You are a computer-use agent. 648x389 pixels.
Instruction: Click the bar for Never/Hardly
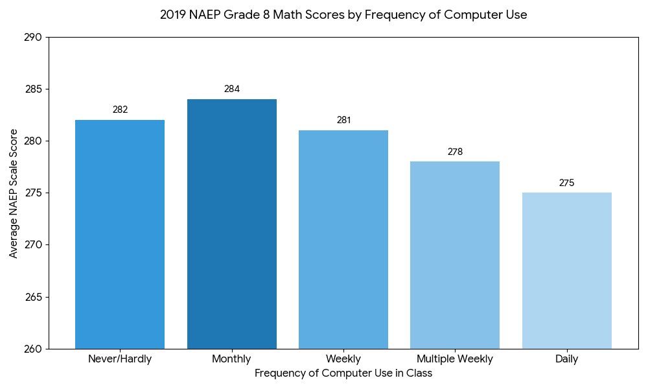point(120,234)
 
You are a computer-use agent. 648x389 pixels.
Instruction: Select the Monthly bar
point(232,224)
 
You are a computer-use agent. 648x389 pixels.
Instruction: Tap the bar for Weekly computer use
point(343,239)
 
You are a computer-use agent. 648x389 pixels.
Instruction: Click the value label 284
point(232,89)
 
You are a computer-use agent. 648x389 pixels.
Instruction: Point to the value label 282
point(120,110)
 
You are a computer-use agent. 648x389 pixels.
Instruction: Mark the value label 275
point(566,183)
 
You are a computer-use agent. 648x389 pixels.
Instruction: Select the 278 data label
point(455,152)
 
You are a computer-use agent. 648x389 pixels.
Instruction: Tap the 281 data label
point(343,120)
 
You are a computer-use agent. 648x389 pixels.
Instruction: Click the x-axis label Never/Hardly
point(120,359)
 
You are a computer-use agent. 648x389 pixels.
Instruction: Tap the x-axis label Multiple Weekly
point(455,359)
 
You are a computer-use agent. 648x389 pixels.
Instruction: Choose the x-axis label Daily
point(566,359)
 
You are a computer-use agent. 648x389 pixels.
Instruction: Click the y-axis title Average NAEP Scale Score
point(14,193)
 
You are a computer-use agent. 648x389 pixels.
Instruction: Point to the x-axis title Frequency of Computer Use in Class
point(343,373)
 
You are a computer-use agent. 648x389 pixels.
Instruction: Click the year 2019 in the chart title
point(172,15)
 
